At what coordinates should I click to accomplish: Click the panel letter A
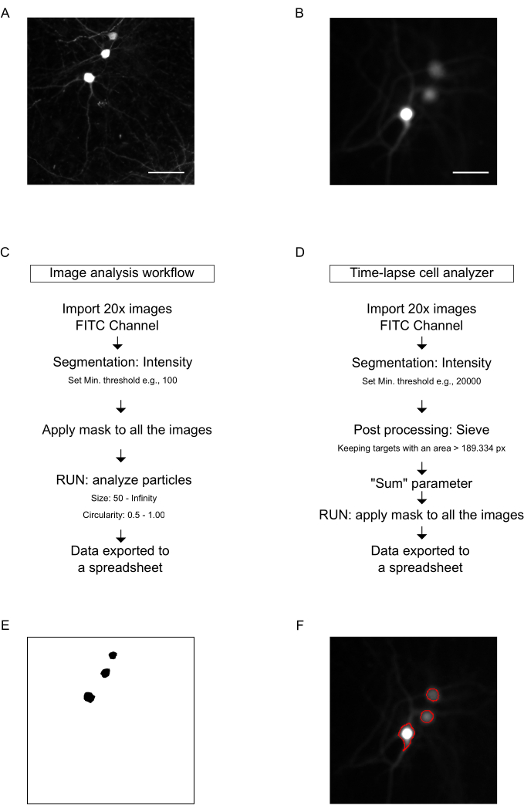pos(5,13)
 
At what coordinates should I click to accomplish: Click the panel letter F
pos(299,625)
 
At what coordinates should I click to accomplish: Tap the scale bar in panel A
pos(166,172)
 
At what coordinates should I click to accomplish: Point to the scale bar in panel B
pos(471,172)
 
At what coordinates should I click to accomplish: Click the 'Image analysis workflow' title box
pos(122,273)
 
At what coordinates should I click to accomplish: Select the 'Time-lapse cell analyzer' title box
pos(421,273)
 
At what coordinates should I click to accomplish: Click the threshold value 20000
pos(468,381)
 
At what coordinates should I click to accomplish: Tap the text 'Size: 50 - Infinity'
pos(123,498)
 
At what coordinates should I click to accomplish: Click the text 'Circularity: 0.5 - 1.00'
pos(123,516)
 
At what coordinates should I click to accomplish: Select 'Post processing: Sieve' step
pos(421,430)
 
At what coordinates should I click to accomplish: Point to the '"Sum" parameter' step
pos(421,484)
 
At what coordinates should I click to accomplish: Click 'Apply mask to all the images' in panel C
pos(127,430)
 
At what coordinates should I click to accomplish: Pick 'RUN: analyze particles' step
pos(123,480)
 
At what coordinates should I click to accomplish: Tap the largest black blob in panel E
pos(89,697)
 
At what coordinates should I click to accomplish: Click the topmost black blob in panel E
pos(113,655)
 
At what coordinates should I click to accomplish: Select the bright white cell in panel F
pos(407,733)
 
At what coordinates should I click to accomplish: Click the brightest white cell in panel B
pos(407,114)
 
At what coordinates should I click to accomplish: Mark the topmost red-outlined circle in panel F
pos(432,694)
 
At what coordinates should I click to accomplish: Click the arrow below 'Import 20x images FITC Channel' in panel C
pos(117,343)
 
